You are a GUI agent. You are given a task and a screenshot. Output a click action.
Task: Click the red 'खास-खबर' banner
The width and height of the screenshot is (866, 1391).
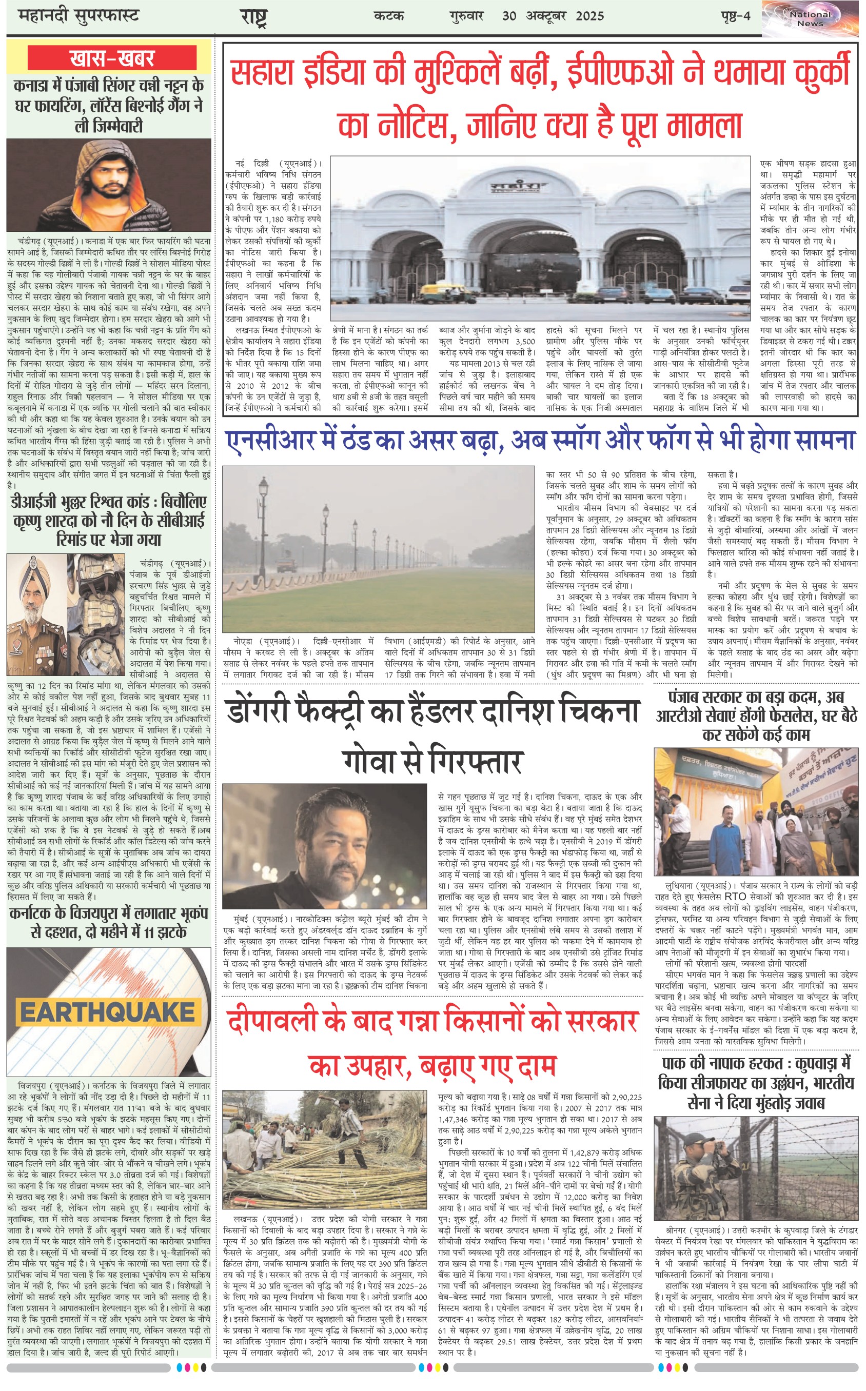tap(112, 58)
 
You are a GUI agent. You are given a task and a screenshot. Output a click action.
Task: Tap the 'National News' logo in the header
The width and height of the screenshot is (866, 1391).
tap(809, 19)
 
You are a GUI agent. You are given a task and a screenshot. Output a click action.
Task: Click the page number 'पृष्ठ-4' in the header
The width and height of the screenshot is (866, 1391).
tap(735, 16)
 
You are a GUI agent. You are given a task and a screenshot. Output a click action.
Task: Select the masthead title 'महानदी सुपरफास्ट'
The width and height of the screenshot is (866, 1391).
tap(78, 15)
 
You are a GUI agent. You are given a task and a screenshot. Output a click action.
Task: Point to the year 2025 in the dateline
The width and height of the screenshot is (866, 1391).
tap(590, 16)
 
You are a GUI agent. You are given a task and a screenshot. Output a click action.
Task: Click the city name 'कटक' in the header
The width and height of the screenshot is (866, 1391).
tap(389, 16)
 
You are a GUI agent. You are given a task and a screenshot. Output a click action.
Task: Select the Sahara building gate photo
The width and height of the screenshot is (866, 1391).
tap(540, 238)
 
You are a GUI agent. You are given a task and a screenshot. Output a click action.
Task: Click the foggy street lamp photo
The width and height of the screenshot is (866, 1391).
tap(379, 549)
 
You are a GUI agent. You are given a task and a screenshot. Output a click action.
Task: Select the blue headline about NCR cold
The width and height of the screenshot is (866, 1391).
tap(540, 440)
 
